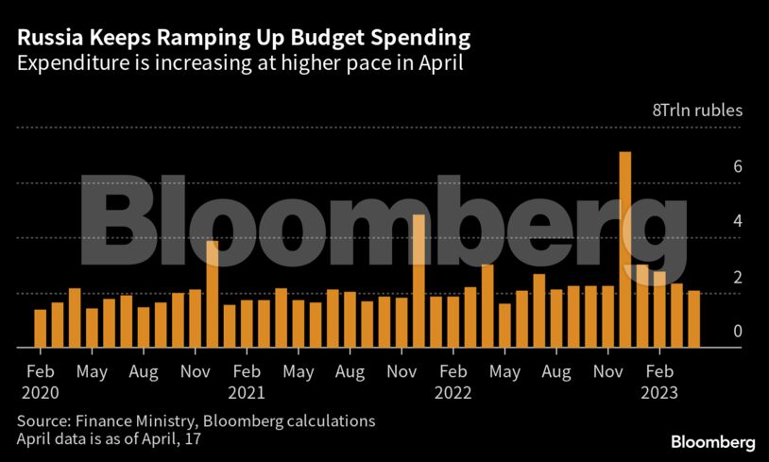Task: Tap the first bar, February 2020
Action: point(40,329)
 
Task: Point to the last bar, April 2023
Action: point(693,319)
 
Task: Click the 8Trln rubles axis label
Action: point(698,111)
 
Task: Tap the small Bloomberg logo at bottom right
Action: point(713,441)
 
